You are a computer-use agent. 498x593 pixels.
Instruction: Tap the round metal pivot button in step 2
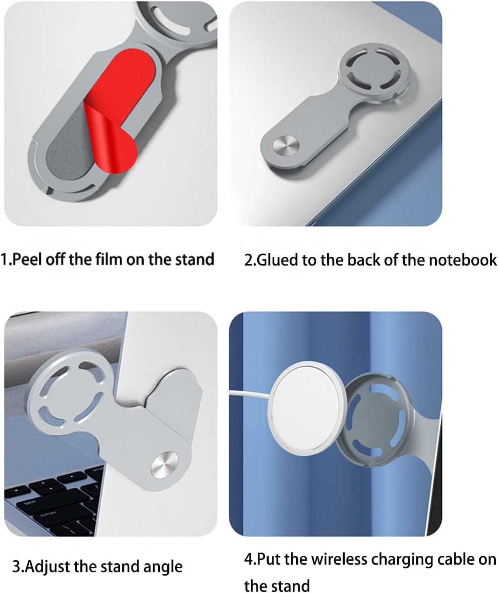point(286,145)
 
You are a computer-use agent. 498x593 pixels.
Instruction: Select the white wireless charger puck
point(307,409)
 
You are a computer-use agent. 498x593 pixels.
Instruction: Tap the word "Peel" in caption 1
point(28,259)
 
